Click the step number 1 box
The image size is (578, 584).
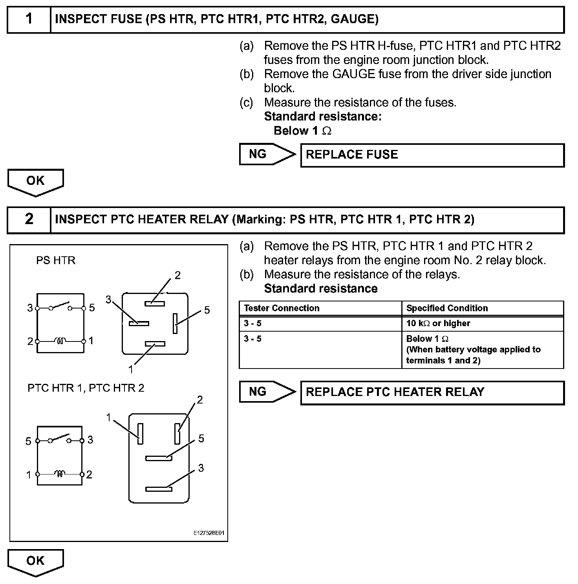(x=29, y=19)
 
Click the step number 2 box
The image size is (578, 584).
(x=29, y=219)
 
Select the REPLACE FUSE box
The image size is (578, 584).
(x=432, y=155)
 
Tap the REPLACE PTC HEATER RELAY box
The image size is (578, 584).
(x=432, y=392)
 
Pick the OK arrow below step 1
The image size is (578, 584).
(x=35, y=182)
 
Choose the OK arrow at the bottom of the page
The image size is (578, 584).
(x=35, y=562)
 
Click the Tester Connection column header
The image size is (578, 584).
(x=282, y=308)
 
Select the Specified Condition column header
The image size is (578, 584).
(x=447, y=308)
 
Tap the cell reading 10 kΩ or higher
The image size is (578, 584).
(x=438, y=323)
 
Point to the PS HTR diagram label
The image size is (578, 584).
(x=55, y=261)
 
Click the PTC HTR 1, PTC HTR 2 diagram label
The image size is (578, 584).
(x=86, y=388)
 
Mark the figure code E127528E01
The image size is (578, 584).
(x=209, y=533)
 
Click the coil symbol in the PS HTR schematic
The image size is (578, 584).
(x=60, y=341)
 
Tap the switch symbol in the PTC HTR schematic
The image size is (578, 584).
(x=60, y=439)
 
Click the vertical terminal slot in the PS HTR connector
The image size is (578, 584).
(x=175, y=323)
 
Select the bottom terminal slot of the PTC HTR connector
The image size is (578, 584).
(x=159, y=489)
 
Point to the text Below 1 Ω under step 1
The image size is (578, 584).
(x=302, y=131)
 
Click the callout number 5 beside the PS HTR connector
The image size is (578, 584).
(x=207, y=310)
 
